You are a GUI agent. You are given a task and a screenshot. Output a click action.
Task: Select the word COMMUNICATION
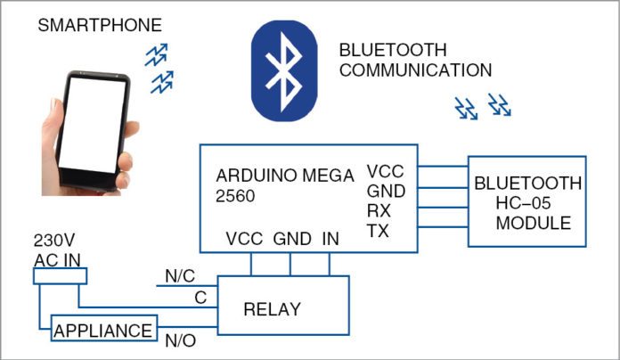pos(415,70)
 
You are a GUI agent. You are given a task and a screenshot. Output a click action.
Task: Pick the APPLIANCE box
pos(103,331)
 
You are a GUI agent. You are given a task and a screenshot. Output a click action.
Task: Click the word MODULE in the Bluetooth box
pos(534,223)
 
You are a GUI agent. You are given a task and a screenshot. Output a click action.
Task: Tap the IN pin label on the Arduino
pos(330,239)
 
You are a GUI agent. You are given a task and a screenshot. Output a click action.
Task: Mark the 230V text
pos(51,241)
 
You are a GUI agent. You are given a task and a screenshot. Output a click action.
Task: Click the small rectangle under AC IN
pos(56,277)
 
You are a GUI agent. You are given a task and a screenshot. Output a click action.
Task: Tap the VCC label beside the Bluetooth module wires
pos(385,172)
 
